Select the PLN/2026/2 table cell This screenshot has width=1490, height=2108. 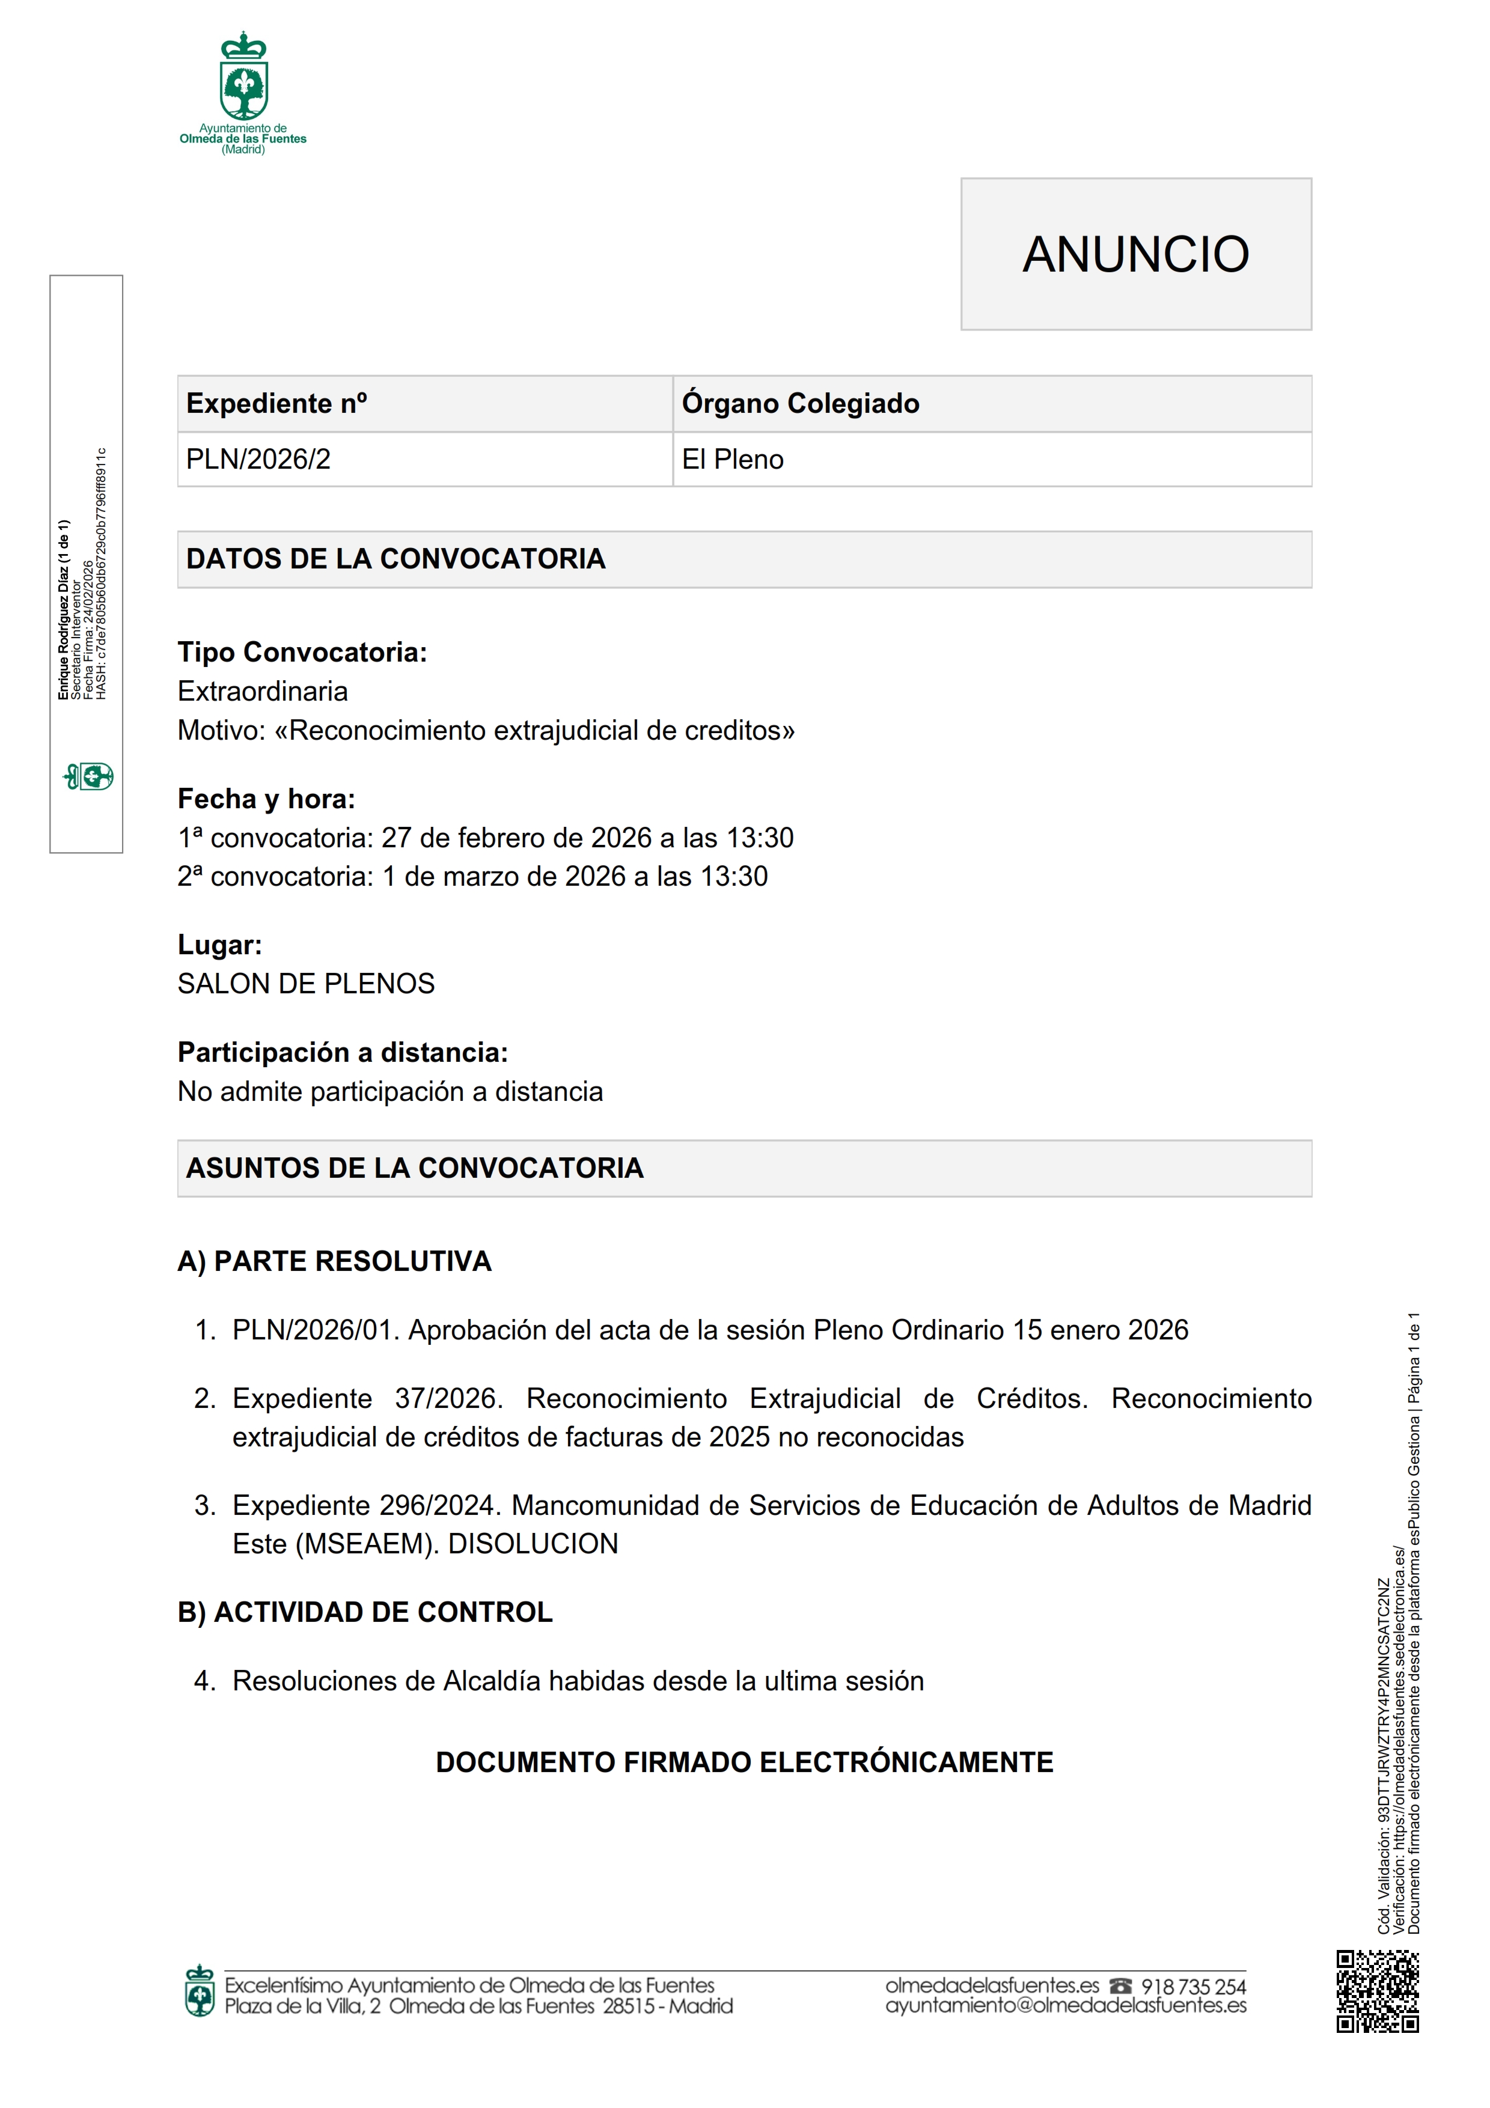258,459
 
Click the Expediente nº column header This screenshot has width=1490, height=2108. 276,403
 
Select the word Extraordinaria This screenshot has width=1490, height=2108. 263,691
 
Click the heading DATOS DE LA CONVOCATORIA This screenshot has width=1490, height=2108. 395,558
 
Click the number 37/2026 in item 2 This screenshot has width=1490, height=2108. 447,1398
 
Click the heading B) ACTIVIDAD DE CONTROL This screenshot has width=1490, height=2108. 364,1612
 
